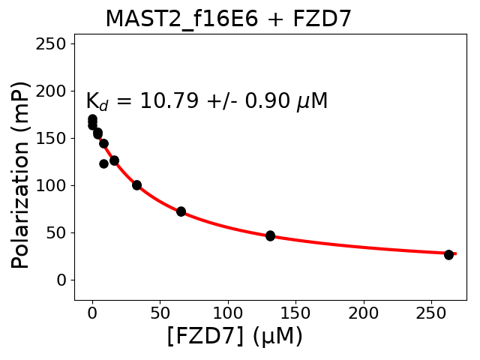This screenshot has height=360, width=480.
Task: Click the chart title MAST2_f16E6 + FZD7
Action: pyautogui.click(x=228, y=19)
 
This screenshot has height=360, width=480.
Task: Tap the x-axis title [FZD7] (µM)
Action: pyautogui.click(x=235, y=337)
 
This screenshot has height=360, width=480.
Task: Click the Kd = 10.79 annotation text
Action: pyautogui.click(x=206, y=101)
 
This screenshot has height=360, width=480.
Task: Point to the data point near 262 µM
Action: pyautogui.click(x=448, y=255)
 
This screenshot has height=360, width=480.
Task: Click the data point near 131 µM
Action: pyautogui.click(x=270, y=235)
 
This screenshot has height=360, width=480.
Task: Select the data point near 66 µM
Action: pyautogui.click(x=181, y=211)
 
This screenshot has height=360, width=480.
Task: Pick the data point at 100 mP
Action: pyautogui.click(x=136, y=184)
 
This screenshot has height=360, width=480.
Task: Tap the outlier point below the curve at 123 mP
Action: pyautogui.click(x=103, y=163)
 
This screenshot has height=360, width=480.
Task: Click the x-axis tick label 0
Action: pyautogui.click(x=92, y=311)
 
